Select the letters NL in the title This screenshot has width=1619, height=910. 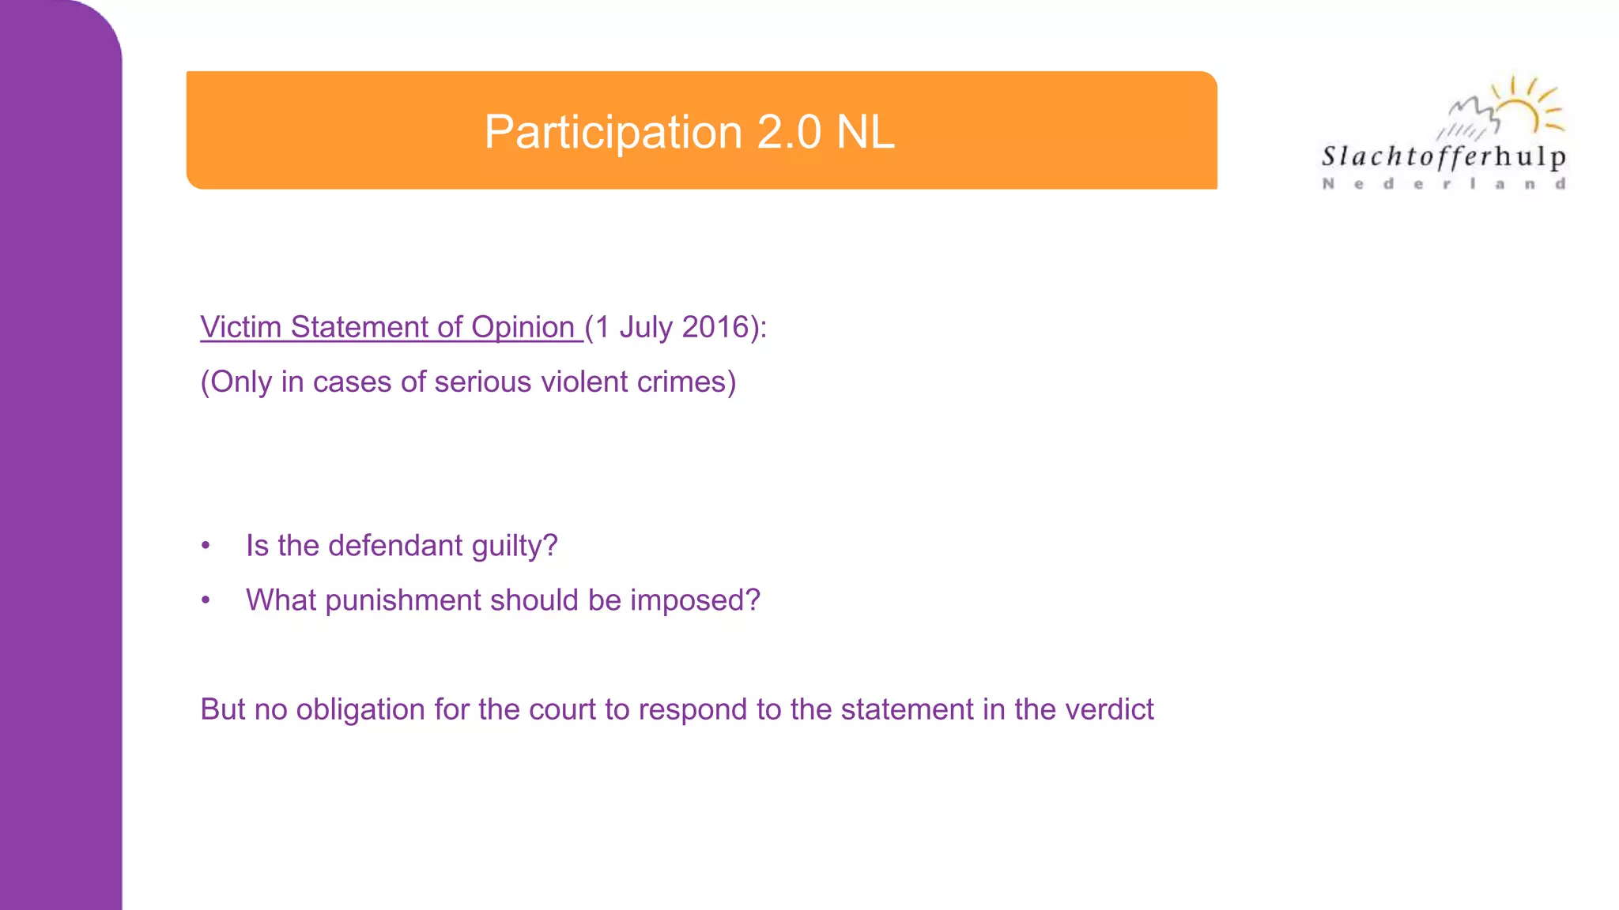pos(865,132)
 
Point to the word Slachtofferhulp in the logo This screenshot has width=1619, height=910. pos(1444,156)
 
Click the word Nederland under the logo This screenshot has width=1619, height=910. pos(1444,184)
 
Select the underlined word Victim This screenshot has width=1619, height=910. pos(240,327)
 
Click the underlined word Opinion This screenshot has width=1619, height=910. pos(523,327)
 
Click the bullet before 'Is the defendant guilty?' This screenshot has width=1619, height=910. pos(206,546)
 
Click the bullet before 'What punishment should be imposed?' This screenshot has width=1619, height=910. pos(206,600)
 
